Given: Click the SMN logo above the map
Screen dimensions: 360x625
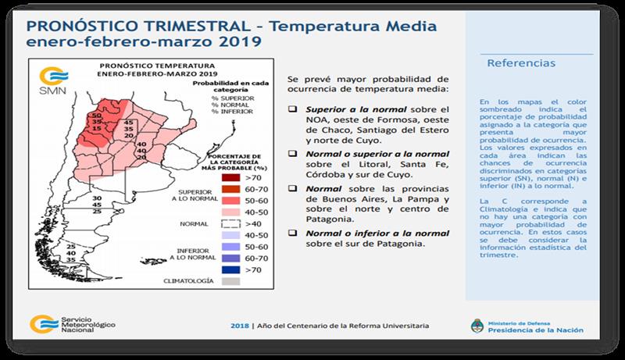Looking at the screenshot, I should click(x=49, y=81).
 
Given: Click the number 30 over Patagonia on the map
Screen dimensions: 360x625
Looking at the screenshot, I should click(x=97, y=199).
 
